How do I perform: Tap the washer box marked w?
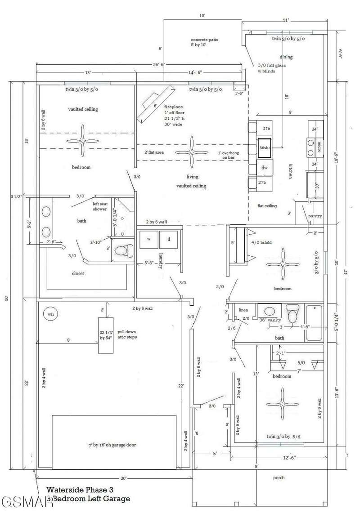[148, 239]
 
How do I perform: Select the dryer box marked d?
[169, 239]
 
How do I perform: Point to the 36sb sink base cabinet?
[264, 148]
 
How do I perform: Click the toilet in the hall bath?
[292, 313]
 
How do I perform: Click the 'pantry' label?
[315, 216]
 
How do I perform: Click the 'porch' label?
[279, 478]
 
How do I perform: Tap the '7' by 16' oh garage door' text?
[112, 445]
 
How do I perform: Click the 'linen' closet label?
[243, 310]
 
